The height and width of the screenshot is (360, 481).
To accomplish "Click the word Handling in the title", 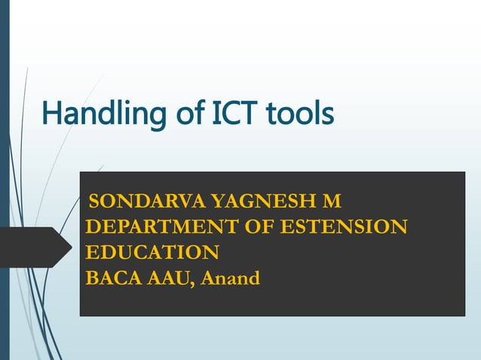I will point(99,114).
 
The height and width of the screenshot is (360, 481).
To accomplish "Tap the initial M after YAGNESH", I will point(332,202).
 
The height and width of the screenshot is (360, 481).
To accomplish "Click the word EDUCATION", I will point(152,252).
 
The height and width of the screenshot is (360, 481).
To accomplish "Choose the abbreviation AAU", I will point(168,278).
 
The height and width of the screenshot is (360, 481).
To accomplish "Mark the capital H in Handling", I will point(51,114).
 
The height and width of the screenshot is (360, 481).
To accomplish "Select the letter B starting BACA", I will point(91,278).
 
